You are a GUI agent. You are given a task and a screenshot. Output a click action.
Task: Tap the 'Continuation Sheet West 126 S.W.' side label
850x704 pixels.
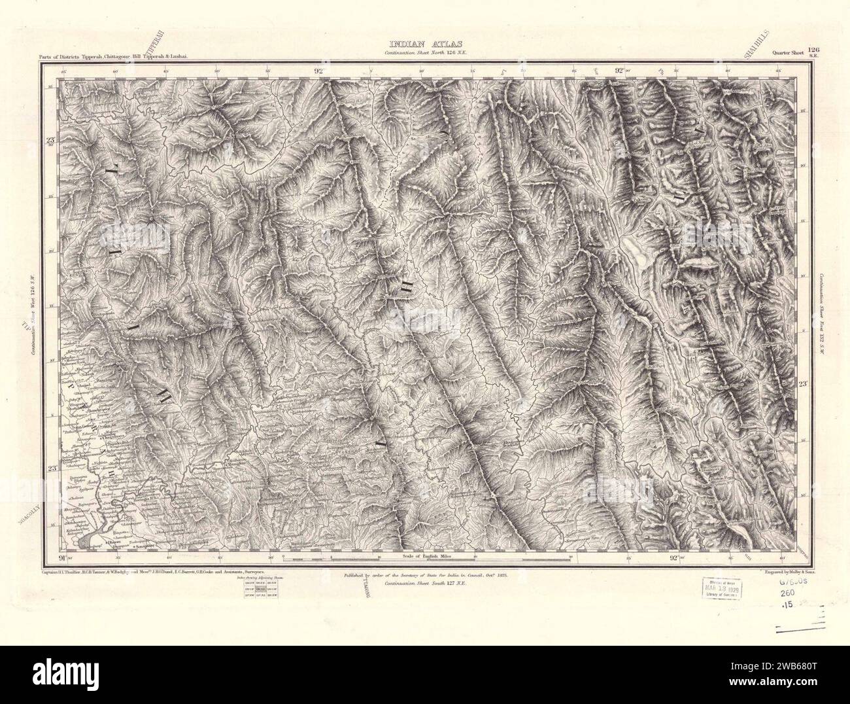click(33, 314)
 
